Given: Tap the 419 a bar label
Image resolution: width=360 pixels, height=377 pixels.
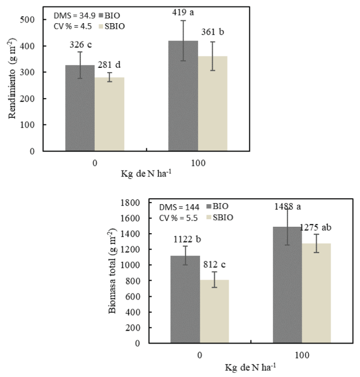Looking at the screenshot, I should (185, 10).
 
